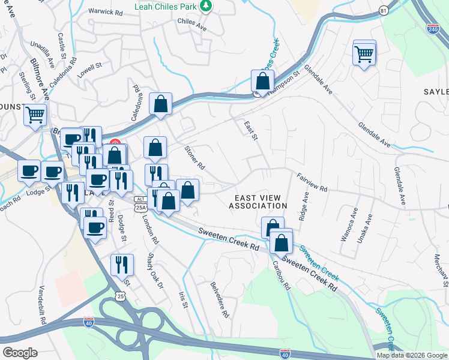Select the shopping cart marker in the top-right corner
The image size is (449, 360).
pyautogui.click(x=364, y=54)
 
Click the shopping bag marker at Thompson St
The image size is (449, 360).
pyautogui.click(x=262, y=82)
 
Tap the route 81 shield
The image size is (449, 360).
pyautogui.click(x=384, y=10)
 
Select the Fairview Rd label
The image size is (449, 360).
pyautogui.click(x=312, y=182)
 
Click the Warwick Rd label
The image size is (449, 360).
pyautogui.click(x=105, y=11)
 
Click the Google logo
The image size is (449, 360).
pyautogui.click(x=20, y=353)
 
